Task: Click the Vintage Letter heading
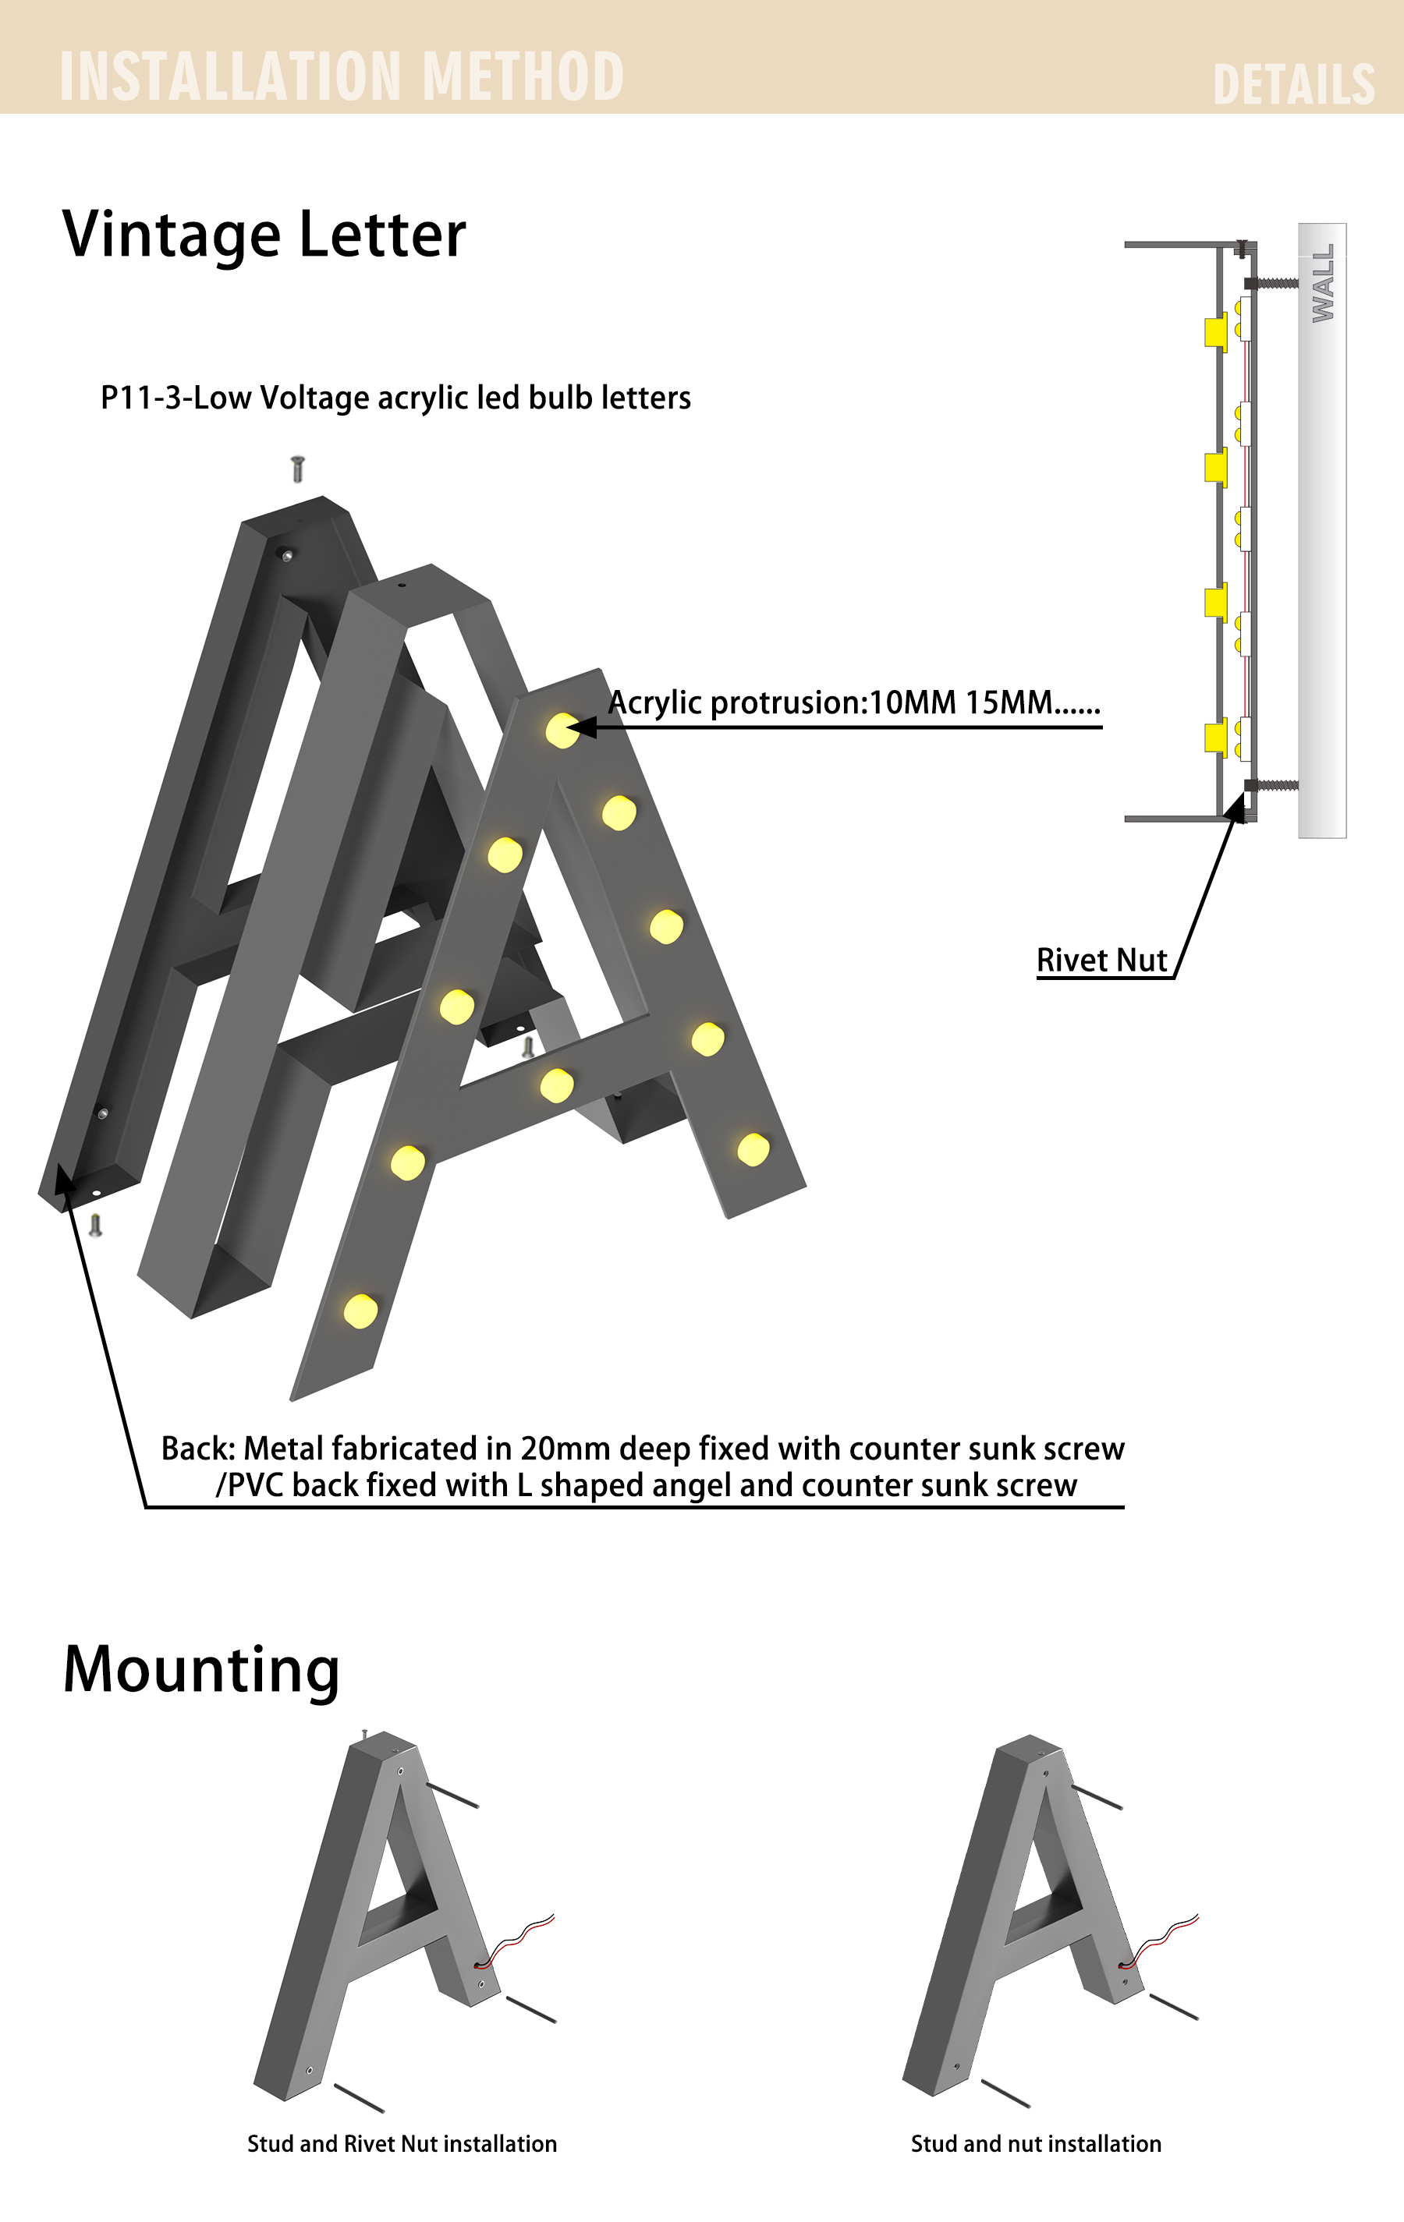(x=264, y=235)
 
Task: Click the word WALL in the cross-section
(x=1323, y=282)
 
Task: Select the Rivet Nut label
(x=1102, y=960)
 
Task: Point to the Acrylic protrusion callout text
(x=854, y=702)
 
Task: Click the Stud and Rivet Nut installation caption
(x=402, y=2143)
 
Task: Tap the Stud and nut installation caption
(x=1036, y=2143)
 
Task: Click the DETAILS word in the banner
(x=1293, y=85)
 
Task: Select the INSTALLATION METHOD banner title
(x=342, y=76)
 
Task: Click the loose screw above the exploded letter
(x=297, y=469)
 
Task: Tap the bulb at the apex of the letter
(x=562, y=730)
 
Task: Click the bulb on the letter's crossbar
(x=557, y=1085)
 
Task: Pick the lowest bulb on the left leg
(x=360, y=1311)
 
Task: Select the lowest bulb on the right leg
(x=753, y=1149)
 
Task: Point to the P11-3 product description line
(x=395, y=398)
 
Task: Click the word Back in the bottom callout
(x=197, y=1448)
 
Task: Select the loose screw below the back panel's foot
(x=95, y=1225)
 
